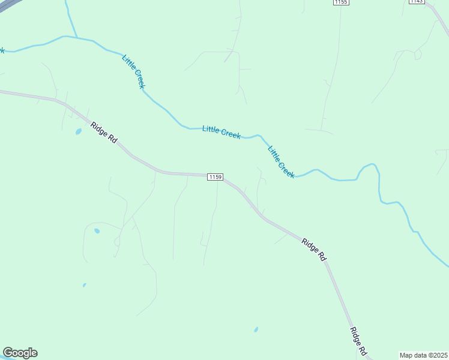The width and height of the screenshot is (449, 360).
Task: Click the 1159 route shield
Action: coord(215,177)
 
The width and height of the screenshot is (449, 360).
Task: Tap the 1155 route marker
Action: coord(341,2)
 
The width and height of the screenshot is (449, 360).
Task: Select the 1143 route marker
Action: coord(417,2)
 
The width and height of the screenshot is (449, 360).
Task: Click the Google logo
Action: coord(20,353)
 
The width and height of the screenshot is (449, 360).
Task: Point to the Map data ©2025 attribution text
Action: coord(424,355)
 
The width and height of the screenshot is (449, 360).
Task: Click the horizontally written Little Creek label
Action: coord(221,132)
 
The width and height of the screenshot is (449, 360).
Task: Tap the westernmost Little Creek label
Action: coord(133,71)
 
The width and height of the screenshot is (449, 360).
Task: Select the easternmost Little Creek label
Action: coord(281,162)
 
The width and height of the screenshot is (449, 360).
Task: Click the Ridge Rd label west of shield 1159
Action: coord(104,132)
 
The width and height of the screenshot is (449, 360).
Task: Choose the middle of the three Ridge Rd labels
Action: coord(314,249)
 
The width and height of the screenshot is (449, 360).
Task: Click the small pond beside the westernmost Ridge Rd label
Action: coord(79,131)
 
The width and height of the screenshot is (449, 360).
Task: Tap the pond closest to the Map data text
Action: coord(256,329)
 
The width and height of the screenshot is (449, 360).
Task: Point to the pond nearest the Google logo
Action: coord(84,285)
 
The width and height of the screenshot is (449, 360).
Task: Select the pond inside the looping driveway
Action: coord(97,230)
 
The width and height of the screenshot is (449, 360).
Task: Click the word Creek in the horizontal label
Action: coord(231,134)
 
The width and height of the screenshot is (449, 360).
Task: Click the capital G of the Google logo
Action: coord(8,353)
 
